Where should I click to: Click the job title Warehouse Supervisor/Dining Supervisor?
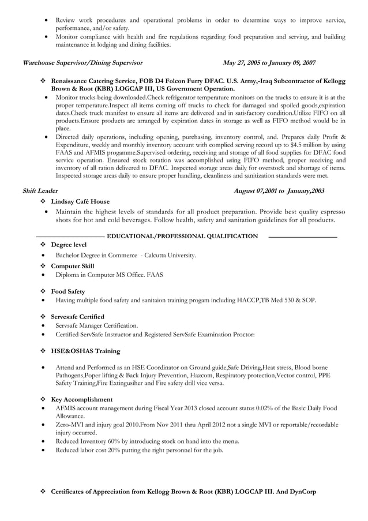[x=82, y=63]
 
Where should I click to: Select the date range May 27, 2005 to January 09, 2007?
[x=269, y=63]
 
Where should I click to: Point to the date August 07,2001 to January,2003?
[x=279, y=190]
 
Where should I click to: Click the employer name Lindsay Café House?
[x=80, y=201]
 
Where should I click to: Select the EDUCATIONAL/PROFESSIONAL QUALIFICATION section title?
[x=182, y=236]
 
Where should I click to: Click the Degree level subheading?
[x=69, y=245]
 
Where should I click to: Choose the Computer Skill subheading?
[x=73, y=266]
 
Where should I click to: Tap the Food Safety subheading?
[x=67, y=291]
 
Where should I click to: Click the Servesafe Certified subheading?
[x=78, y=317]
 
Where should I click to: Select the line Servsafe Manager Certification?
[x=96, y=325]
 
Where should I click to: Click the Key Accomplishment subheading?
[x=82, y=399]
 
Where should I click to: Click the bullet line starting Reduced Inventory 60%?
[x=147, y=441]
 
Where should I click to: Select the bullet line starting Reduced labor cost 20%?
[x=139, y=451]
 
